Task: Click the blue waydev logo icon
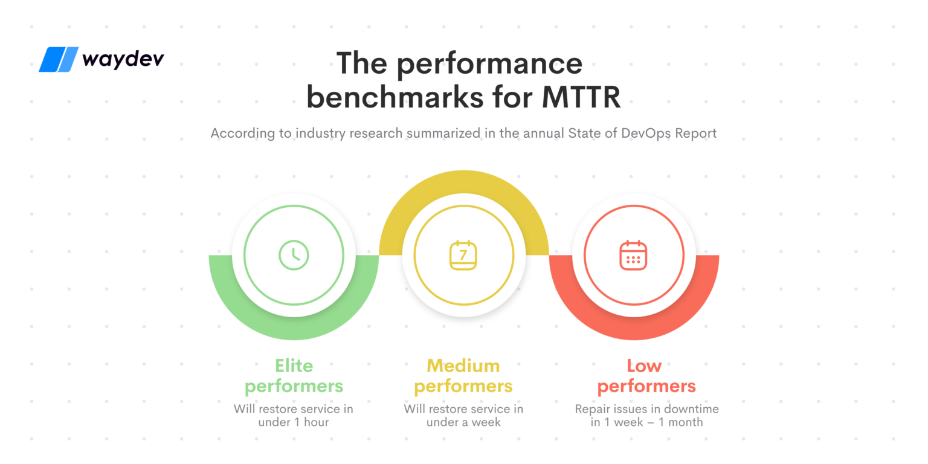click(x=59, y=60)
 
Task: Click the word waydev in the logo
click(x=123, y=59)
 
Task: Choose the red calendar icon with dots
click(x=633, y=255)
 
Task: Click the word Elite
click(x=294, y=366)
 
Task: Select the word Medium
click(x=463, y=366)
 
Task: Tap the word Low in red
click(x=644, y=366)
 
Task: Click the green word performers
click(x=294, y=386)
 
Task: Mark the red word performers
click(x=646, y=386)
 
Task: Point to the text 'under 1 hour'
click(x=294, y=422)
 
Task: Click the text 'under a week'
click(x=463, y=422)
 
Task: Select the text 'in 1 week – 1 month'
click(x=646, y=422)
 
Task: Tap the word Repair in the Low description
click(x=593, y=410)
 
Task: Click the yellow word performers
click(x=463, y=386)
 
